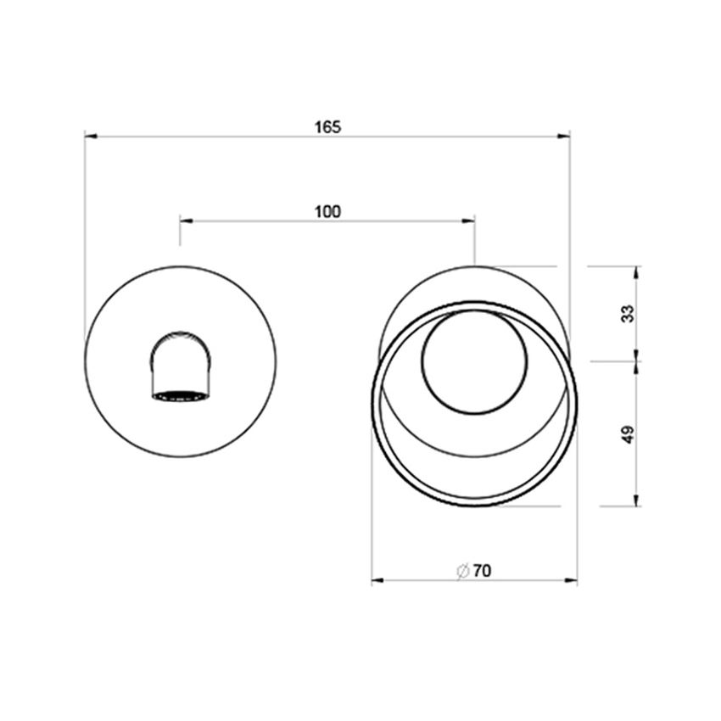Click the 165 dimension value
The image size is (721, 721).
coord(327,127)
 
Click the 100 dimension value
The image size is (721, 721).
coord(327,212)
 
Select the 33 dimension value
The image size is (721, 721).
coord(628,313)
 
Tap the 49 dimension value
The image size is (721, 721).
coord(628,434)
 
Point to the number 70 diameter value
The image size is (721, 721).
coord(482,572)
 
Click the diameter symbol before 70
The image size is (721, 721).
coord(463,572)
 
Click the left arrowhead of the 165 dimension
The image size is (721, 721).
coord(89,136)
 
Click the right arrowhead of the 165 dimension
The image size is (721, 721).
coord(565,136)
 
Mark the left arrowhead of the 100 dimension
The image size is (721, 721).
coord(184,221)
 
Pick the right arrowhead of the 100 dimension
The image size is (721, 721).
coord(470,221)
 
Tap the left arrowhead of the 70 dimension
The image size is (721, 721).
coord(377,581)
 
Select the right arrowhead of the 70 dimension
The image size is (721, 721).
coord(573,581)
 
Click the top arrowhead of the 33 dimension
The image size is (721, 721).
coord(637,271)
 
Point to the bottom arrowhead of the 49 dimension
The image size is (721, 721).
coord(637,502)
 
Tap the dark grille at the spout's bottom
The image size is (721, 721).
coord(180,395)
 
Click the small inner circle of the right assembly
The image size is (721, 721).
coord(474,361)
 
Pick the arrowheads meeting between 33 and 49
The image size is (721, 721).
coord(637,361)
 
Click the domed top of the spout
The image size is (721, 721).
coord(180,338)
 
